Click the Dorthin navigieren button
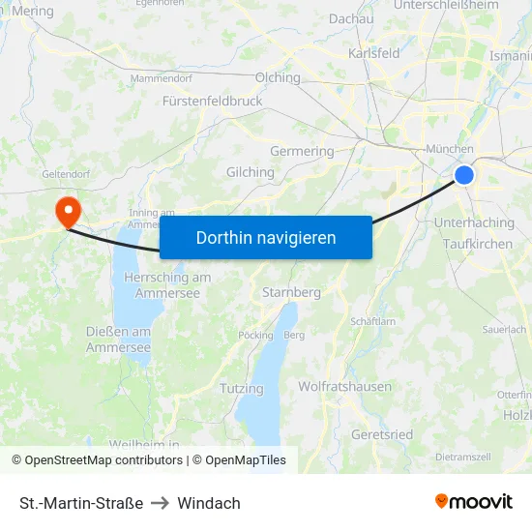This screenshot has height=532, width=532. pyautogui.click(x=266, y=237)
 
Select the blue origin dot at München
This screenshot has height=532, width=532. pyautogui.click(x=464, y=174)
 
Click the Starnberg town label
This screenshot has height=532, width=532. pyautogui.click(x=292, y=292)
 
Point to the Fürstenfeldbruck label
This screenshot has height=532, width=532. pyautogui.click(x=213, y=101)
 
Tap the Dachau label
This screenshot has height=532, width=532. pyautogui.click(x=351, y=18)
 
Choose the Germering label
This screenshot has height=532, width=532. pyautogui.click(x=302, y=151)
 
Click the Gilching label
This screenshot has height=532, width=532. pyautogui.click(x=251, y=172)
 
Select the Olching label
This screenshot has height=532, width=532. pyautogui.click(x=278, y=78)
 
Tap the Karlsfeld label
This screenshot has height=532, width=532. pyautogui.click(x=374, y=53)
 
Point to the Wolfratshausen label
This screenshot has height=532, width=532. pyautogui.click(x=345, y=386)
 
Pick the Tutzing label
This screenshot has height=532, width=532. pyautogui.click(x=242, y=389)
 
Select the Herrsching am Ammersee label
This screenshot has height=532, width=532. pyautogui.click(x=167, y=284)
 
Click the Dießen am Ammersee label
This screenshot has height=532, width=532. pyautogui.click(x=118, y=340)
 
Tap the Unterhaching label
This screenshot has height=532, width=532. pyautogui.click(x=475, y=222)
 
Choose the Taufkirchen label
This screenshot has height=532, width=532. pyautogui.click(x=478, y=245)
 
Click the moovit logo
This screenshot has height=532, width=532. pyautogui.click(x=474, y=501)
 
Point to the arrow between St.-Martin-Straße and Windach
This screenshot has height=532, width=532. pyautogui.click(x=161, y=503)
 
